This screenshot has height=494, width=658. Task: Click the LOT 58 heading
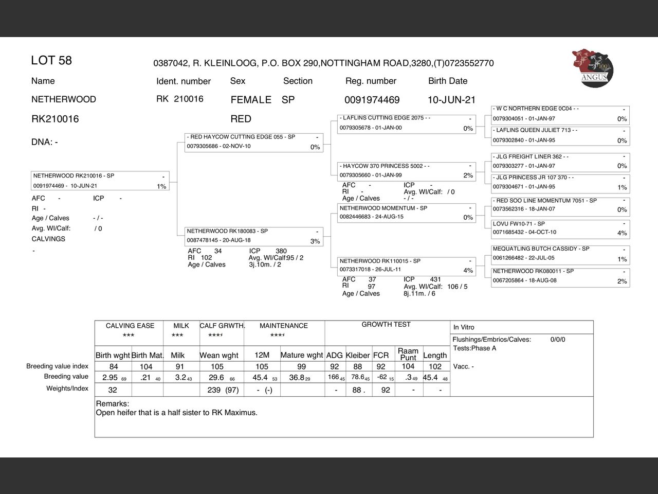(51, 61)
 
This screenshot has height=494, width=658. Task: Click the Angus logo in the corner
(593, 68)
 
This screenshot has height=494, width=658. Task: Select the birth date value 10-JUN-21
(451, 100)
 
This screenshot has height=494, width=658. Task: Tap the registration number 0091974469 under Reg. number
(372, 100)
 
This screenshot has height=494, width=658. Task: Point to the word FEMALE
(251, 100)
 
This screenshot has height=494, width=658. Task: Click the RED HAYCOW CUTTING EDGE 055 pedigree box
(254, 142)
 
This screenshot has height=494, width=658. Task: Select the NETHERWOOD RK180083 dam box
(254, 236)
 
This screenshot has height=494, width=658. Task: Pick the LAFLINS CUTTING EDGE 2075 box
(406, 123)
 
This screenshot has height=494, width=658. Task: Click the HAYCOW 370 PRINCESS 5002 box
(406, 171)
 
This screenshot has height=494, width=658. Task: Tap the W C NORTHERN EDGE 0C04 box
(560, 114)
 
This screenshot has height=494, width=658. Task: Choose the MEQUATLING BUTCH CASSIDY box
(560, 254)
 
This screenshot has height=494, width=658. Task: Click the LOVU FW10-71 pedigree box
(560, 228)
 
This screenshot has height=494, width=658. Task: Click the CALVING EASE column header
(130, 326)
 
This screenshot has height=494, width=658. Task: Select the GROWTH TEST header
(386, 324)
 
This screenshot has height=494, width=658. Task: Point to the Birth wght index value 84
(114, 366)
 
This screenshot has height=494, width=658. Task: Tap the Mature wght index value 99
(301, 366)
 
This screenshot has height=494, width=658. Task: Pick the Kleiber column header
(358, 355)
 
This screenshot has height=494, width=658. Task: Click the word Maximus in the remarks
(240, 413)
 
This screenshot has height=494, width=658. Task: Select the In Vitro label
(464, 327)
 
